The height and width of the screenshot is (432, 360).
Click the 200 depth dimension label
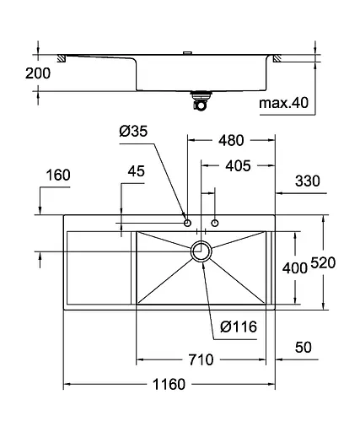(x=38, y=73)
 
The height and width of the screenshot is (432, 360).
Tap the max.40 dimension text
(x=283, y=103)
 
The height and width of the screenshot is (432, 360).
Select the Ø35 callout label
(x=133, y=131)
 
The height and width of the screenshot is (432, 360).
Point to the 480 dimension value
(x=231, y=140)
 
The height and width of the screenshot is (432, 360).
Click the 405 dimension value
(x=238, y=166)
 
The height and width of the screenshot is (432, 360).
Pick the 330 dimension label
(x=308, y=181)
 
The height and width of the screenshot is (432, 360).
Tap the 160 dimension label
(x=58, y=175)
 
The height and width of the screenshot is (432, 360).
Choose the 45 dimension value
(x=137, y=171)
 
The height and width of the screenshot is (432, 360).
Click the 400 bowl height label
(x=295, y=268)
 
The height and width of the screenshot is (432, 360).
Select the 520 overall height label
(x=323, y=263)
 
